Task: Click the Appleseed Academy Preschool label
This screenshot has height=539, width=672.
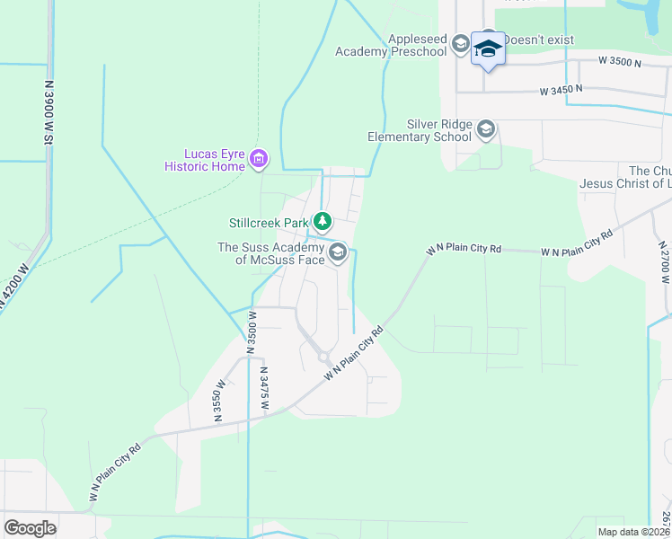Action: [x=391, y=46]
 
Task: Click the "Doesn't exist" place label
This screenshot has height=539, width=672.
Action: [x=538, y=40]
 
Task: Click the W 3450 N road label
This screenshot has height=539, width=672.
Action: [x=561, y=90]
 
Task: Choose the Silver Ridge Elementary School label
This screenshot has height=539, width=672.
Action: [x=420, y=131]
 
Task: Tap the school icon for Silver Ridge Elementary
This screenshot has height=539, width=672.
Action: [x=487, y=130]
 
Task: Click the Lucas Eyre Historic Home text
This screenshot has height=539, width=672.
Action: [x=204, y=160]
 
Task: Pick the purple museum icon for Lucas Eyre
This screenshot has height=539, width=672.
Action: [x=259, y=160]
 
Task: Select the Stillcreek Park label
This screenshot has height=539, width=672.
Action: [x=268, y=222]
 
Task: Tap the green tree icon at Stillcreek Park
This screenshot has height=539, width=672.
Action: [x=321, y=221]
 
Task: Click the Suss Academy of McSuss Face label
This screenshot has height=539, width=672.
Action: [x=271, y=253]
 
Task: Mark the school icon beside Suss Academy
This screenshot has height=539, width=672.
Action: [x=338, y=252]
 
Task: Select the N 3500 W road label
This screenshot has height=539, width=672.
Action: [x=253, y=331]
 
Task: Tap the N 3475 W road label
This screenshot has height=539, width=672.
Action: [x=264, y=388]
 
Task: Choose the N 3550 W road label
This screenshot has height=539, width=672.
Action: [x=217, y=406]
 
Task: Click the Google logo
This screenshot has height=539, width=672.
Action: [x=30, y=527]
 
